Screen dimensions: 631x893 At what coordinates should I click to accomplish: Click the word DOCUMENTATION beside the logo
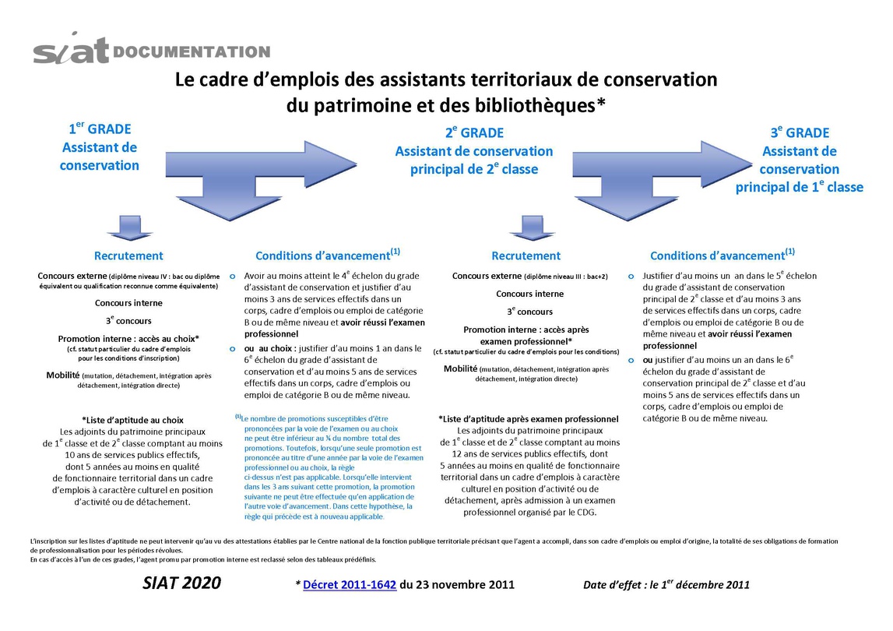[192, 52]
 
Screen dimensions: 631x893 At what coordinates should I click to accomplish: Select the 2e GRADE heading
[474, 133]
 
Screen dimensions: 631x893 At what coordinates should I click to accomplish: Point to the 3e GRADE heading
[800, 133]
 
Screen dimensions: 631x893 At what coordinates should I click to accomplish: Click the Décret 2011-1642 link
[350, 584]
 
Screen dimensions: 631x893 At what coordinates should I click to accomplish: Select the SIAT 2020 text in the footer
[182, 583]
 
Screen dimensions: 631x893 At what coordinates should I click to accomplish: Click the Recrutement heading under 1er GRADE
[128, 256]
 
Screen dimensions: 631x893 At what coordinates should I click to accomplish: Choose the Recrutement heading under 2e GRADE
[526, 256]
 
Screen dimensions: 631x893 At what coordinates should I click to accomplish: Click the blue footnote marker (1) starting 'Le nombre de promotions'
[238, 417]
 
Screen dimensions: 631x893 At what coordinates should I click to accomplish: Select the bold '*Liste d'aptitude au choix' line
[132, 419]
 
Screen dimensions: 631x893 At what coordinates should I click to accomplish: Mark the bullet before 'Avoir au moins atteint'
[233, 276]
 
